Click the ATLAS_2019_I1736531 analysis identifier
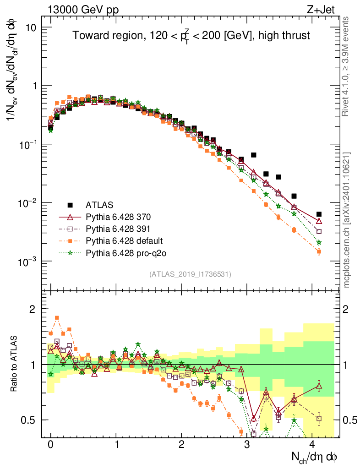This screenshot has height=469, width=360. (x=190, y=274)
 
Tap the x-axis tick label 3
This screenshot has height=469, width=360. (x=247, y=446)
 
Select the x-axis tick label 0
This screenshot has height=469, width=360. (x=50, y=446)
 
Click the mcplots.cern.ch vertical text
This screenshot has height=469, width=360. (x=347, y=220)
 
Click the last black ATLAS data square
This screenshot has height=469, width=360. (x=319, y=214)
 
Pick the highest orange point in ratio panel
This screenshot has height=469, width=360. (x=57, y=317)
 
